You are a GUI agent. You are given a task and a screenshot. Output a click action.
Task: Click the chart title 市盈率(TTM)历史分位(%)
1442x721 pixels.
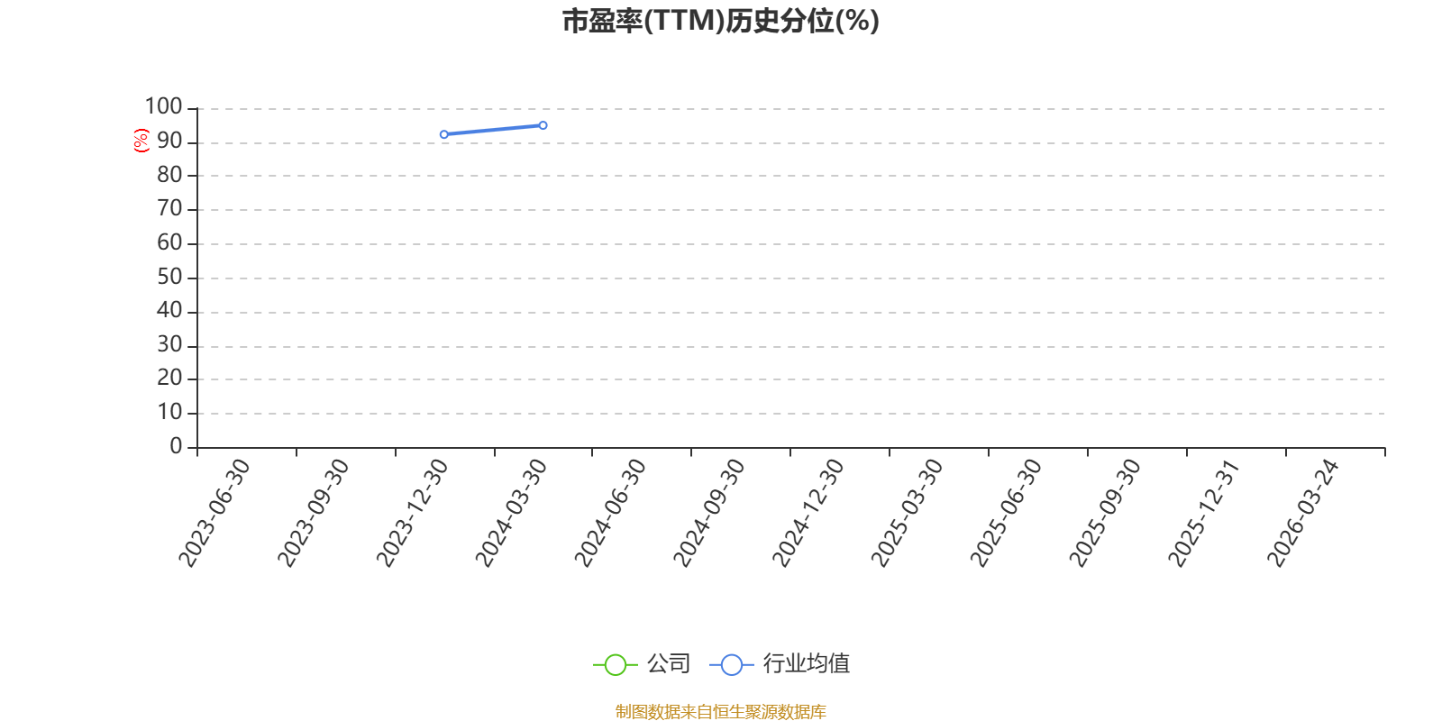pos(720,22)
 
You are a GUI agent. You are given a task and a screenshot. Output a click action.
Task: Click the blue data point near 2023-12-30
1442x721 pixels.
pos(444,134)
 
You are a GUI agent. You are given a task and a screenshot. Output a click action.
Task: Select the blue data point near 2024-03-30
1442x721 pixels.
pos(543,125)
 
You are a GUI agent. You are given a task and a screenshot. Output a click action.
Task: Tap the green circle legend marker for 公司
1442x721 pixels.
pos(616,665)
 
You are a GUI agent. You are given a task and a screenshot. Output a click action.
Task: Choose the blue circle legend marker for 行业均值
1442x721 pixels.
pos(731,665)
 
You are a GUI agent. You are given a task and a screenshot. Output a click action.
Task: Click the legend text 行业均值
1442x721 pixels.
pos(807,663)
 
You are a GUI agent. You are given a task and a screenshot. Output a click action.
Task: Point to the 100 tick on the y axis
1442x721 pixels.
pos(163,107)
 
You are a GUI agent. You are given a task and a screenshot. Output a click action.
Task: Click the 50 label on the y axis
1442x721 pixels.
pos(170,278)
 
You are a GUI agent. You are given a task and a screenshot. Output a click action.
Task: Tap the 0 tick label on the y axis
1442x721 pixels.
pos(176,446)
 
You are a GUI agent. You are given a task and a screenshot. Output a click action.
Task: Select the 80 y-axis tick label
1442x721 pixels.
pos(170,175)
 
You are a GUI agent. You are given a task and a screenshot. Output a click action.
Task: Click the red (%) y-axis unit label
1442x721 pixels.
pos(141,141)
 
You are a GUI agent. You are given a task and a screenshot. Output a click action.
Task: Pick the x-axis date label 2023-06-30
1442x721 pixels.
pos(214,513)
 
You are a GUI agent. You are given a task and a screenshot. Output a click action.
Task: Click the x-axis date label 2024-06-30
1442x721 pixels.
pos(609,513)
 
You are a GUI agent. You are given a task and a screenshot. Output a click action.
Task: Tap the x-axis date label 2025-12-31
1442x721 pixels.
pos(1203,513)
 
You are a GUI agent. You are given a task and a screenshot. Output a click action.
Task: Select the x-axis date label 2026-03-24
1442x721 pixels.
pos(1302,513)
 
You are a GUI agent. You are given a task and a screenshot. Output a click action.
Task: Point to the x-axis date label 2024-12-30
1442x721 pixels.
pos(808,513)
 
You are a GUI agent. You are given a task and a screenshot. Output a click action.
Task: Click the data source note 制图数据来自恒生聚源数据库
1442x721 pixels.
pos(720,711)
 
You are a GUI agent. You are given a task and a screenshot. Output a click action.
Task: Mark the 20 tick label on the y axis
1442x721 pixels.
pos(170,378)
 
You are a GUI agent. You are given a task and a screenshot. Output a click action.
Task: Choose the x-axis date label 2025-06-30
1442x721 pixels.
pos(1006,513)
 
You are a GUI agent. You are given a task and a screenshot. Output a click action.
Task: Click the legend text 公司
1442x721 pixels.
pos(669,663)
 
